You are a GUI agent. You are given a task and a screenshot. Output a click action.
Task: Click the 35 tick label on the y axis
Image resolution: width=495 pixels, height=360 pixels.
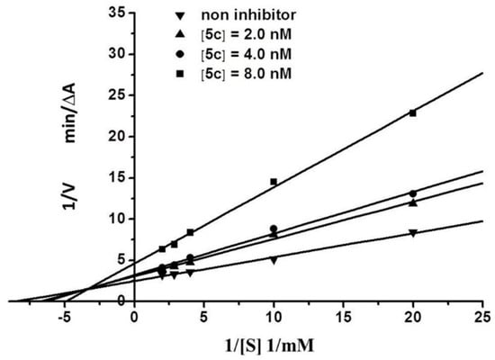(116, 13)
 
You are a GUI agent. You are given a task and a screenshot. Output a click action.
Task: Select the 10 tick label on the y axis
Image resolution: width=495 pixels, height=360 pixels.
(116, 219)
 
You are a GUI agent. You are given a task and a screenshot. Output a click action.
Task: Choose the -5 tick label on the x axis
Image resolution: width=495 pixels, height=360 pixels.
(64, 316)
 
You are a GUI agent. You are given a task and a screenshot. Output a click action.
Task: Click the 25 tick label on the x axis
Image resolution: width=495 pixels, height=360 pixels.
(482, 316)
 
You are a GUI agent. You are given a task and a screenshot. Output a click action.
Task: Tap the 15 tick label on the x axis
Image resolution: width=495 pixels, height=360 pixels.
(343, 316)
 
